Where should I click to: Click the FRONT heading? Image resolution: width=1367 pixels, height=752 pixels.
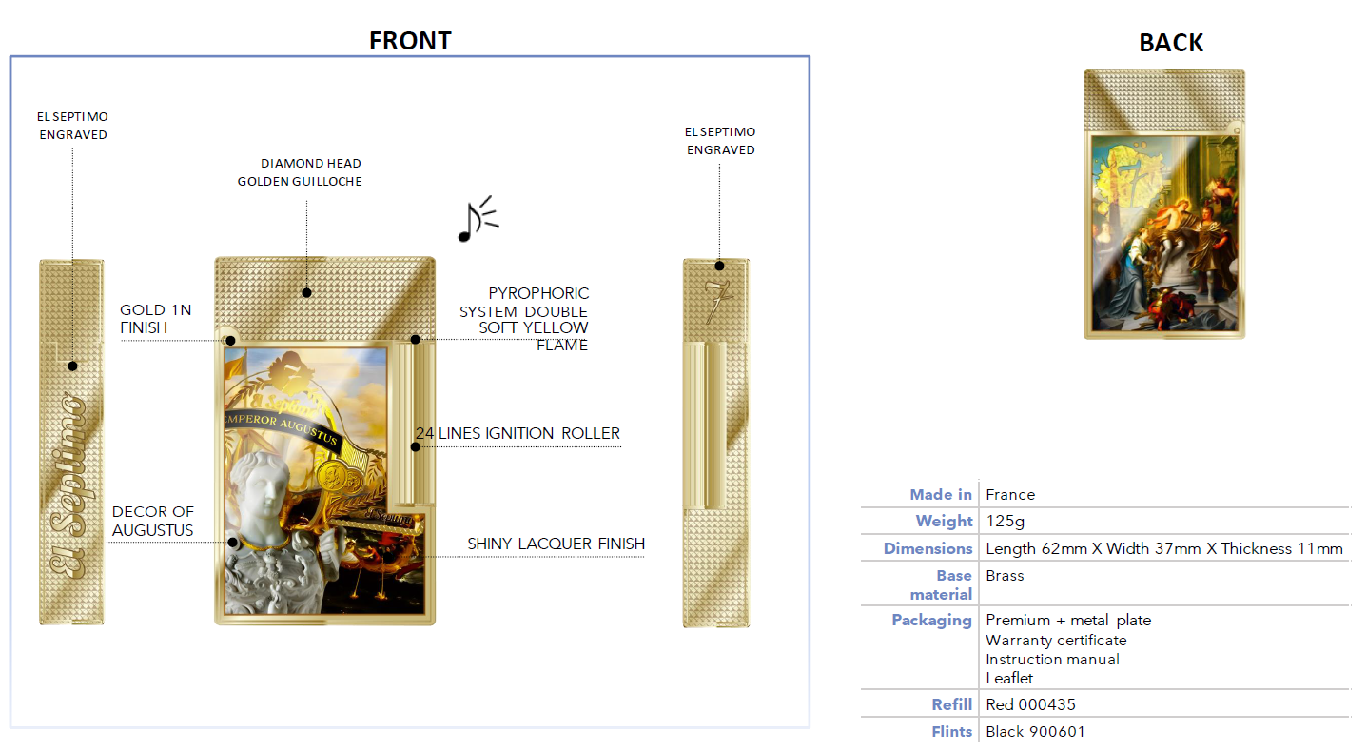[x=410, y=41]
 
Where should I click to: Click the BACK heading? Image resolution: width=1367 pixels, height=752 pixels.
[x=1170, y=43]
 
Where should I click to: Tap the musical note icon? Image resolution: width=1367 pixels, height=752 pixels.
[x=478, y=219]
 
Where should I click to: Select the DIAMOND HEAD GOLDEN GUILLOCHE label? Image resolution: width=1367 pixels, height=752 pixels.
[x=300, y=172]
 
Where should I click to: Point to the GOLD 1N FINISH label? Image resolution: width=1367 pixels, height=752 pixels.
[x=156, y=318]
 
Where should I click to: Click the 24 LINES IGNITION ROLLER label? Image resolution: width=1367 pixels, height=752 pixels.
[x=518, y=433]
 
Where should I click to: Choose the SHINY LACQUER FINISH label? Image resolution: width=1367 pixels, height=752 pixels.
[x=556, y=544]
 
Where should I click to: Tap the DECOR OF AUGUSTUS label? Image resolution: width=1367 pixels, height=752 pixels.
[x=152, y=521]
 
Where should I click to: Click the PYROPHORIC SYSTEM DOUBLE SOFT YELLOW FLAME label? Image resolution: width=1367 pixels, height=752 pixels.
[x=524, y=319]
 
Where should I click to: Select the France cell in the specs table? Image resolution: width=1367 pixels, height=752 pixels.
[x=1010, y=494]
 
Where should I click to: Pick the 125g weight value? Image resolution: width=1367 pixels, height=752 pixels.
[x=1006, y=521]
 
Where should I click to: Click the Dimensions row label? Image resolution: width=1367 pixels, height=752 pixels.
[x=928, y=548]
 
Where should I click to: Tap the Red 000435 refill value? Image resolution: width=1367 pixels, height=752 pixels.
[x=1030, y=704]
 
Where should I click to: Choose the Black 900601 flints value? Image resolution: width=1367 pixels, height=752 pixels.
[x=1035, y=731]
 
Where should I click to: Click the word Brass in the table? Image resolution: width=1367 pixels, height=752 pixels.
[x=1005, y=576]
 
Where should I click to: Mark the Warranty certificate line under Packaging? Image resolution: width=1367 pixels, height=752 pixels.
[x=1056, y=641]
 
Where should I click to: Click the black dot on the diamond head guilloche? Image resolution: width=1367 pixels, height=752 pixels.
[x=307, y=293]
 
